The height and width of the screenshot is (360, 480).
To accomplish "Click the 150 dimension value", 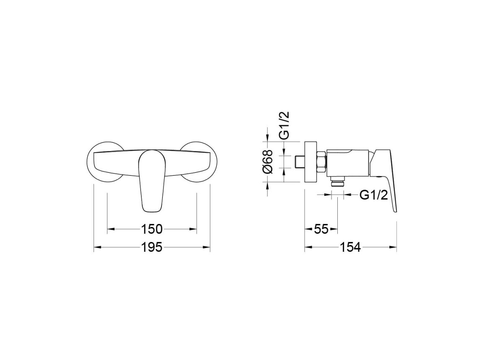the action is click(151, 229).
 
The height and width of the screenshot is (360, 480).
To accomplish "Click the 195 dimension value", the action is click(151, 247).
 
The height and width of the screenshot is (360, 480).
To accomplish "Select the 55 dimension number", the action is click(321, 229).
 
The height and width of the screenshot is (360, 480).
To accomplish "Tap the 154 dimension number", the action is click(350, 247).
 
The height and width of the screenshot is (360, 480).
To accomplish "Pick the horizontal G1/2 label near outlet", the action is click(374, 195).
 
